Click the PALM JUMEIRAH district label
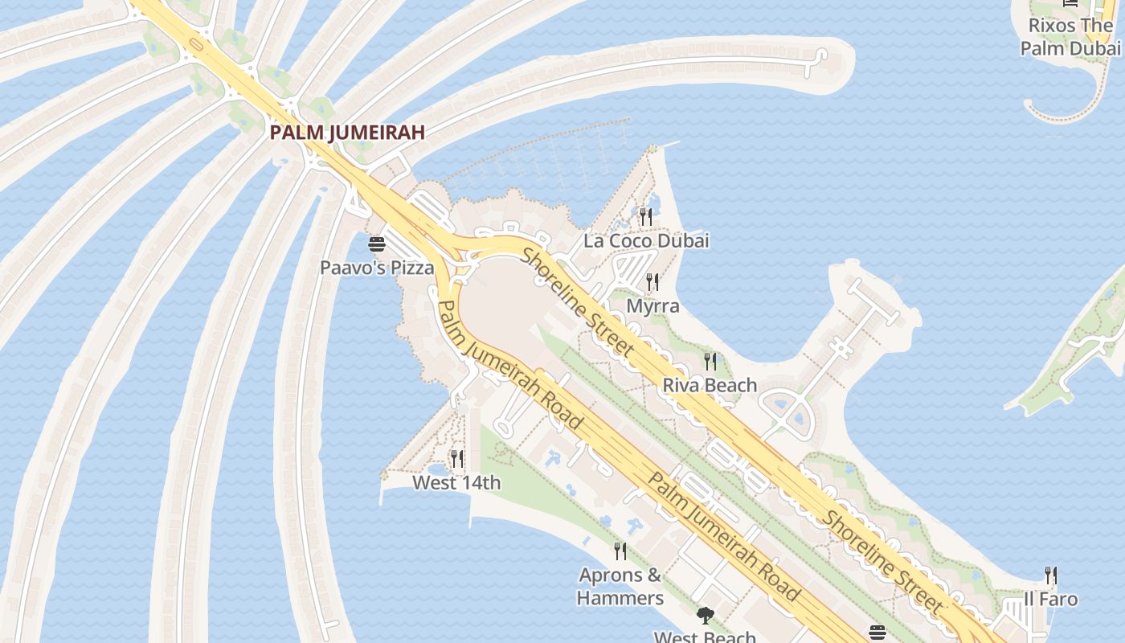346,133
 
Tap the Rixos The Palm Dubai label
1070,37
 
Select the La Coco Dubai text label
646,240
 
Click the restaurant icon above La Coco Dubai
646,216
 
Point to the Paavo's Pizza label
377,268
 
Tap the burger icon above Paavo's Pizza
377,244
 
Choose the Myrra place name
652,306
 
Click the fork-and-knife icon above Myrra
652,282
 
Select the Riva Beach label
710,385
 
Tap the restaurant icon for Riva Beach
710,361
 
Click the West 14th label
456,482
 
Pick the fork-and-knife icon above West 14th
456,458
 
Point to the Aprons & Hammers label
620,587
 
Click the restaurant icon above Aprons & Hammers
620,551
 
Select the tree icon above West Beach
706,616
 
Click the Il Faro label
1050,599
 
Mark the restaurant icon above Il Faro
1050,575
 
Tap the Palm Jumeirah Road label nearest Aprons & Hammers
723,536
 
